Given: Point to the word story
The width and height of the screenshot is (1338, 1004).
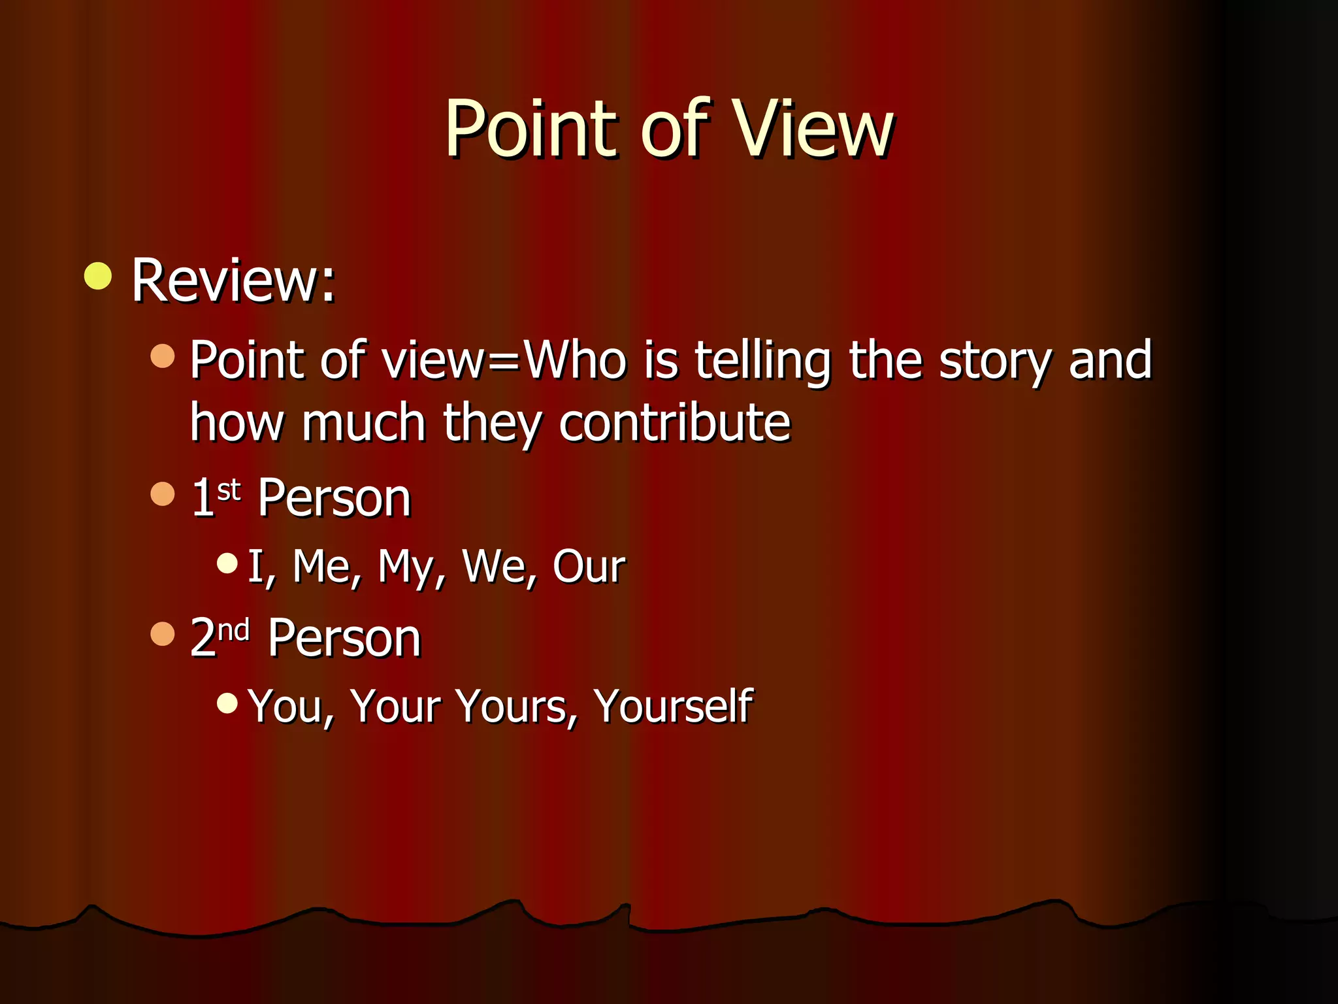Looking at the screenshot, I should coord(995,361).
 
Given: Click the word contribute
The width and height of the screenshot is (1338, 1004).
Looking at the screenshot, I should coord(674,423).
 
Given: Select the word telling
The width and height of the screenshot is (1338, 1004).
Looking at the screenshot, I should coord(762,361).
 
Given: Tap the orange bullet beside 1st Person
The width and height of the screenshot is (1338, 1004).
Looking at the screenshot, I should coord(163,494).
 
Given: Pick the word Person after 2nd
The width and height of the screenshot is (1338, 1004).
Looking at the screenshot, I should coord(344,638).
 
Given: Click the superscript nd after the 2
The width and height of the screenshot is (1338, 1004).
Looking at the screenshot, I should coord(233,630).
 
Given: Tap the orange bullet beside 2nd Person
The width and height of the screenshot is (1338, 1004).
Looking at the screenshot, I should coord(163,634).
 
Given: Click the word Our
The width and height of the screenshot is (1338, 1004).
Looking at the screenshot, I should coord(589,566).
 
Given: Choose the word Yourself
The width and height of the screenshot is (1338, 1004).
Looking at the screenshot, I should coord(673,707).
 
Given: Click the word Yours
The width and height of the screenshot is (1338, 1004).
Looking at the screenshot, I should coord(516,707).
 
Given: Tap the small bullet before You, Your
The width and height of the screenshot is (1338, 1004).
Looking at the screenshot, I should coord(227,703).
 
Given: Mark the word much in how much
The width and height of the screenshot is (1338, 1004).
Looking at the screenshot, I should coord(363,423).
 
